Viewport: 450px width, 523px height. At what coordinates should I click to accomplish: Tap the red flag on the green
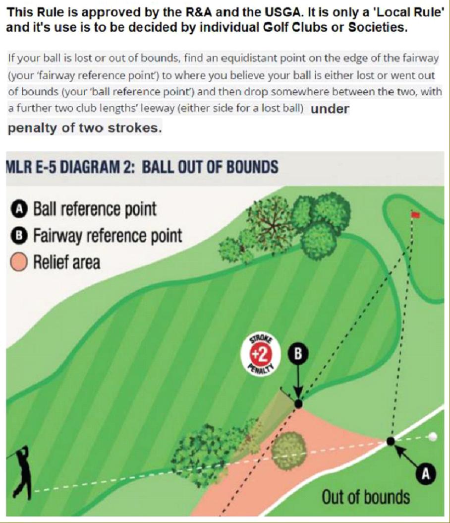click(416, 215)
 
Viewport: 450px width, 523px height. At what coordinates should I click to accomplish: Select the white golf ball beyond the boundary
click(432, 437)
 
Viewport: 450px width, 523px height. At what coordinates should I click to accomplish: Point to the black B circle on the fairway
click(298, 354)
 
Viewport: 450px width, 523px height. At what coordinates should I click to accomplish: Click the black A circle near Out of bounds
click(426, 474)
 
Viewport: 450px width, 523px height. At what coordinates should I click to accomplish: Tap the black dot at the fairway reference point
click(298, 404)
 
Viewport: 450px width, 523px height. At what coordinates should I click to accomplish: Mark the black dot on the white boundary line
click(391, 441)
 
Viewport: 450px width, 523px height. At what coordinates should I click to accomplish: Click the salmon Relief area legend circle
click(19, 262)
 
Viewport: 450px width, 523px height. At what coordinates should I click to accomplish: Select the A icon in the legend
click(19, 209)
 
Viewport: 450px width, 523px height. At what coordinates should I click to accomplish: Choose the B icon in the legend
click(19, 236)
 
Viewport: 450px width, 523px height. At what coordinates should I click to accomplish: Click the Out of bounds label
click(365, 497)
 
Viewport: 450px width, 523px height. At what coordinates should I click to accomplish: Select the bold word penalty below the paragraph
click(32, 128)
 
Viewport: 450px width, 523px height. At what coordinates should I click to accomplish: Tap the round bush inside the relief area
click(288, 451)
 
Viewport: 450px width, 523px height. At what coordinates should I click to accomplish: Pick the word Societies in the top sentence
click(378, 27)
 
